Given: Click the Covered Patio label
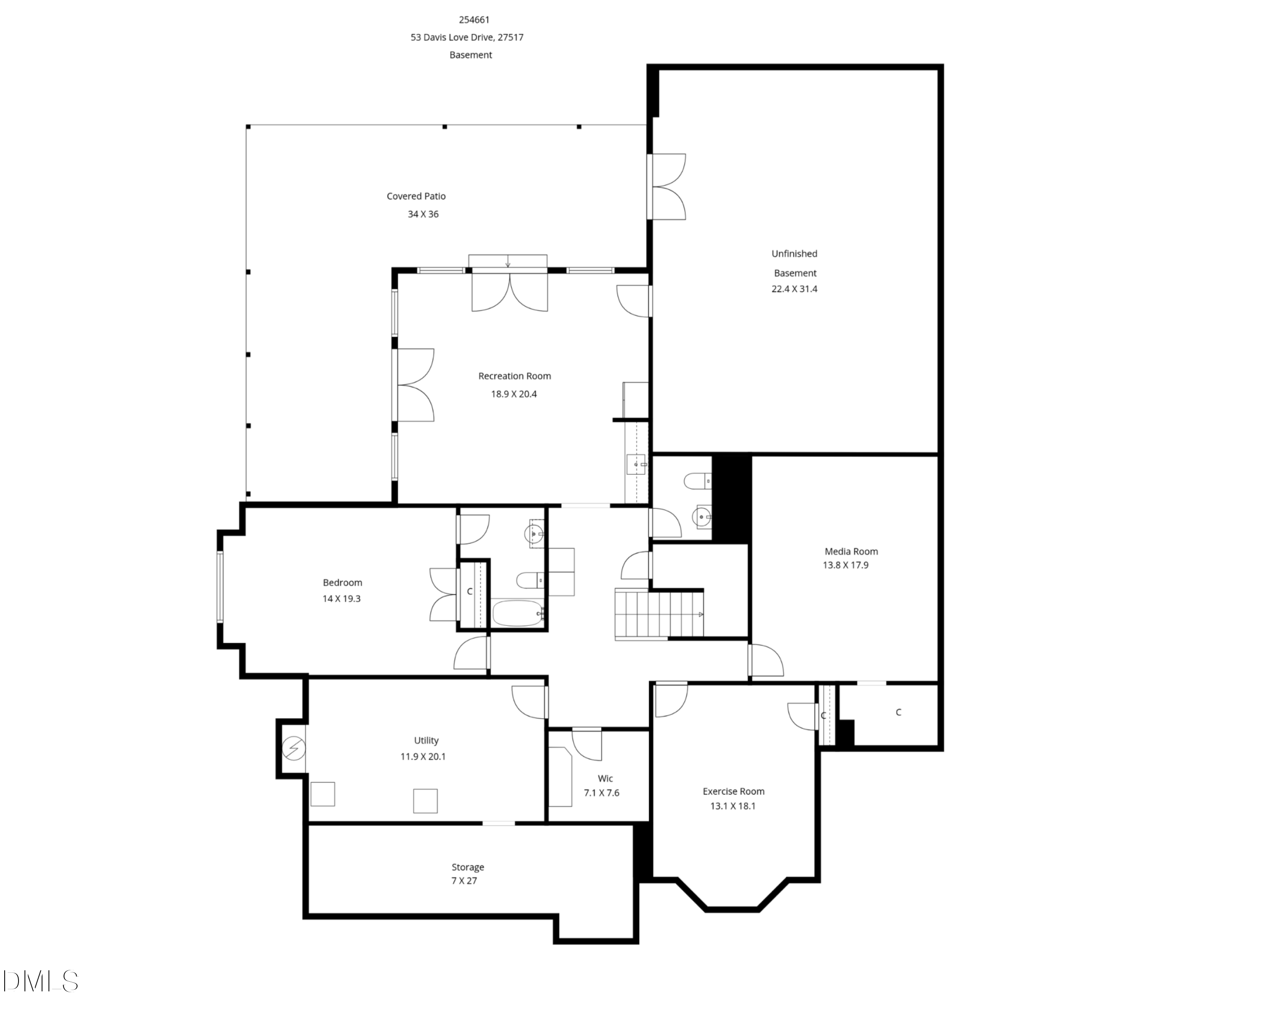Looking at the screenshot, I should point(416,196).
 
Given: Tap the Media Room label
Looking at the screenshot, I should point(851,551).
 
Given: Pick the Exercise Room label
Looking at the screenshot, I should point(733,791).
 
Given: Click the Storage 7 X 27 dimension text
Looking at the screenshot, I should point(464,881).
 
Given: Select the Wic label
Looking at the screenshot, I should point(605,779).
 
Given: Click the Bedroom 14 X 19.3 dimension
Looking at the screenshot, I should point(341,599).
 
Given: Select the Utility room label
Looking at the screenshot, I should point(426,740).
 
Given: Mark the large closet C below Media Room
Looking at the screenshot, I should point(898,713).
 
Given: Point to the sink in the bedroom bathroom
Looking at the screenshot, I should point(534,534).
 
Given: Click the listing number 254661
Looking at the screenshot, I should point(474,19).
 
